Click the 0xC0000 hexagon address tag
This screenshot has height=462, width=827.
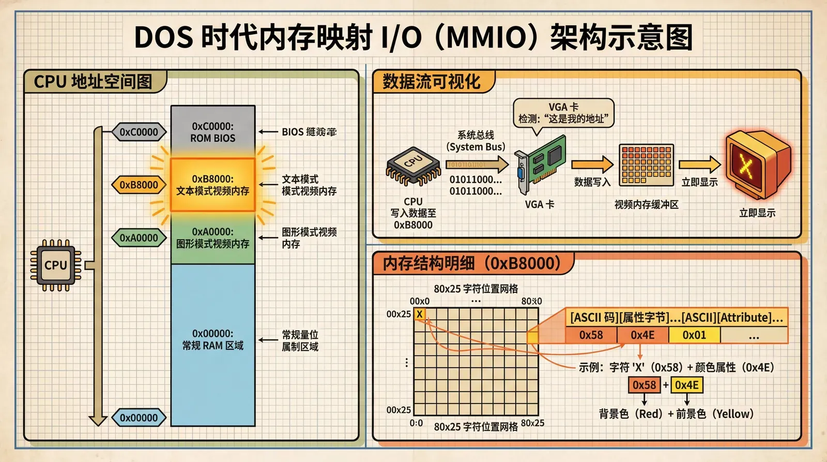pos(139,132)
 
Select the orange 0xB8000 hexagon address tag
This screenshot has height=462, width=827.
pos(139,185)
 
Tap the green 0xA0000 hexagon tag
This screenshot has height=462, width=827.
pos(139,238)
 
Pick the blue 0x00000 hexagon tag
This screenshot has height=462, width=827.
pos(139,418)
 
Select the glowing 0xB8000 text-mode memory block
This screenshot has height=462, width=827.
pos(212,185)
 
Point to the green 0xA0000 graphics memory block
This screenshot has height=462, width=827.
pos(212,237)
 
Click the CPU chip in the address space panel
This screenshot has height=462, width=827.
pos(55,265)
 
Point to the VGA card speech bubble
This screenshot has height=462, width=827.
pos(563,113)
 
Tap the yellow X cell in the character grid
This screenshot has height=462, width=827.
pos(420,314)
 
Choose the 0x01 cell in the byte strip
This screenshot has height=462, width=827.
pos(694,335)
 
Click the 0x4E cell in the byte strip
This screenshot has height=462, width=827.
pos(642,335)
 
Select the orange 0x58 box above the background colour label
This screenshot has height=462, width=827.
pos(644,385)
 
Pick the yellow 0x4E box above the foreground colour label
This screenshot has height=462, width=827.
pos(687,385)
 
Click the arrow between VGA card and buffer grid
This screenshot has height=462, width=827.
pos(592,165)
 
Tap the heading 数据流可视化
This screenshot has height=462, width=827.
pos(431,82)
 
